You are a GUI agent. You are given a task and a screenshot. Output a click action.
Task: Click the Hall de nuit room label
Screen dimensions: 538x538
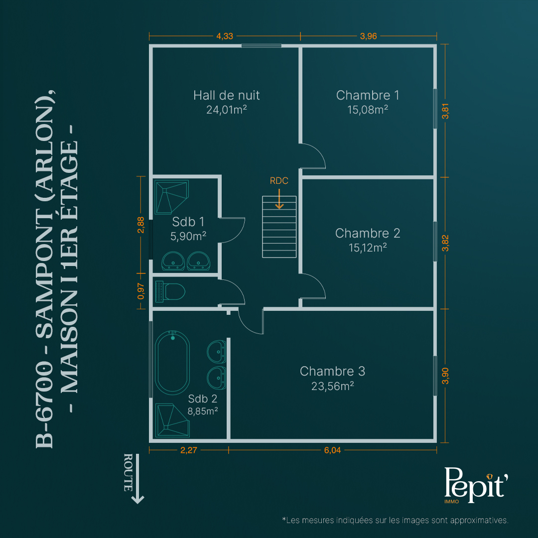[227, 95]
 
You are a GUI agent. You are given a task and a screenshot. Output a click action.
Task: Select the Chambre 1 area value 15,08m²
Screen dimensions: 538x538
[368, 110]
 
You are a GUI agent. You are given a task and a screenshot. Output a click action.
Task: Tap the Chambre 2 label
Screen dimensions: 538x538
[368, 233]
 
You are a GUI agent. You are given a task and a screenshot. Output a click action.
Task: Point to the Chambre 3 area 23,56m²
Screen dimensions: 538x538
[332, 387]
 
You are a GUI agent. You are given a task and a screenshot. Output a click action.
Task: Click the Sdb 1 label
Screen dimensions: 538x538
[188, 222]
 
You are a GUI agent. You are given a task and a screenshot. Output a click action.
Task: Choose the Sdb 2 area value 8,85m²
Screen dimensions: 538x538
[202, 411]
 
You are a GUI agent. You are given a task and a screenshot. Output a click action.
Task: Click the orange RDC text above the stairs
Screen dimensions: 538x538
[279, 181]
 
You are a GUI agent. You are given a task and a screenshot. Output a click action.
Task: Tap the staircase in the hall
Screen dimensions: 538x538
[279, 227]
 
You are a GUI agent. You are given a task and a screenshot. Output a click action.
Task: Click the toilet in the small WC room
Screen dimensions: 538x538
[170, 291]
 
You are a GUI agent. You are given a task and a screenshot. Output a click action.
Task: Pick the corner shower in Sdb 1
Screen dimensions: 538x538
[171, 197]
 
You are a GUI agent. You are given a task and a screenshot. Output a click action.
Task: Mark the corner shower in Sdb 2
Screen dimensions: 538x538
[172, 420]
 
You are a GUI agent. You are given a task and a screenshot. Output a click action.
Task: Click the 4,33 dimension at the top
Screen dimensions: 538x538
[225, 36]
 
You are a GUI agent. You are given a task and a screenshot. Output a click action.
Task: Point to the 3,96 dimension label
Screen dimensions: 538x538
[369, 36]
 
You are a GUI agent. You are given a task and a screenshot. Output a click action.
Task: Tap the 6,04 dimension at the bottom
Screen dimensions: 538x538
[332, 450]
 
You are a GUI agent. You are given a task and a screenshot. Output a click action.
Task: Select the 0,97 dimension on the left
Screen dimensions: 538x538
[141, 291]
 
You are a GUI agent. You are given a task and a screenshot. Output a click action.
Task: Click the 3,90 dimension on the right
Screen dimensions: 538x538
[445, 376]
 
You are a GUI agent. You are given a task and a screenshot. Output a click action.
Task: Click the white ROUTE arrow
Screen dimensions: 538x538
[137, 479]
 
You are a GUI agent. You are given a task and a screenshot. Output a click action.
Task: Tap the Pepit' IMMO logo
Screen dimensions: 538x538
[476, 485]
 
